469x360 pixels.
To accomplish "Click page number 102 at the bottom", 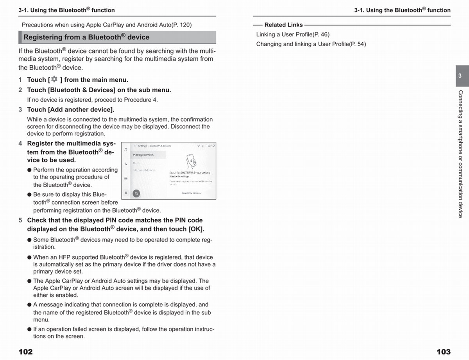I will tap(26, 351).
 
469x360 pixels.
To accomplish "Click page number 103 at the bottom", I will tap(443, 351).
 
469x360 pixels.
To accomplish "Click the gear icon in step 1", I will tap(54, 79).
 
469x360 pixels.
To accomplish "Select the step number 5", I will tap(20, 220).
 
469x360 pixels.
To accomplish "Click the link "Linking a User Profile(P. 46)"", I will tap(293, 34).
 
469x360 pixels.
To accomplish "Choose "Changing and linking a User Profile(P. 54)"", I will tap(311, 44).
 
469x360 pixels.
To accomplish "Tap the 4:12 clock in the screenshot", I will tap(211, 146).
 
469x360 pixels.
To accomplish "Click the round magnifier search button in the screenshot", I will tap(136, 193).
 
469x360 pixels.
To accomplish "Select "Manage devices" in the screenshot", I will tap(143, 155).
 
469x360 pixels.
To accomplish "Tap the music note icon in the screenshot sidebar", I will tap(125, 149).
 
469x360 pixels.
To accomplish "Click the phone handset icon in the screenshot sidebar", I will tap(125, 164).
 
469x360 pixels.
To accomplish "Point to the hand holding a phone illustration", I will tap(190, 160).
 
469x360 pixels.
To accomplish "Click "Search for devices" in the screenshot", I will tap(191, 193).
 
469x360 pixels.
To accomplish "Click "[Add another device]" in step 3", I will tap(81, 109).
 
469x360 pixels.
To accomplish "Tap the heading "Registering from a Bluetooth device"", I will tap(86, 37).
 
